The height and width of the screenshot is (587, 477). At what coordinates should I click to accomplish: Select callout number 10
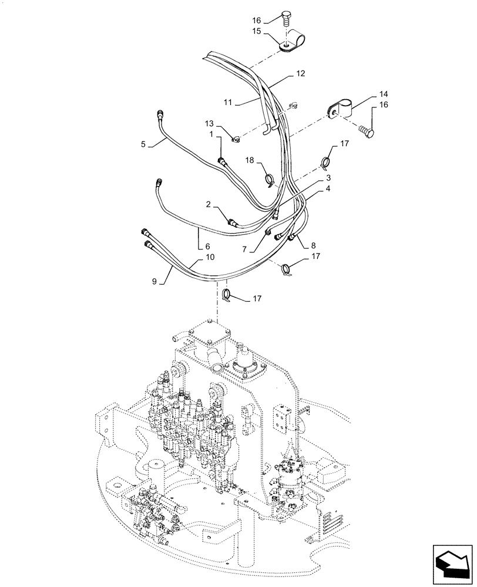[209, 258]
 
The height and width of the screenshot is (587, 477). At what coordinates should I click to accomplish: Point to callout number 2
[209, 204]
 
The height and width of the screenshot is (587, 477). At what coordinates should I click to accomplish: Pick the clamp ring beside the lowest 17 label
[226, 295]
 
